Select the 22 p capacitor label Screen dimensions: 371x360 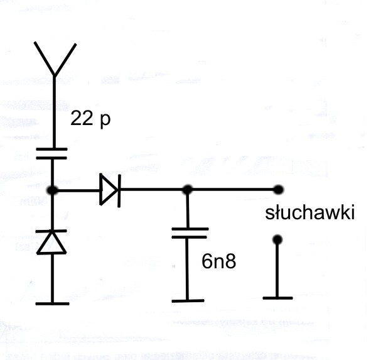90,119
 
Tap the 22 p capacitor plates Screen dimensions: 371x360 52,153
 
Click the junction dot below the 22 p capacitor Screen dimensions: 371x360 52,190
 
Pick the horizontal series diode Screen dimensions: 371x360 110,190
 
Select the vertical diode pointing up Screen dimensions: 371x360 51,242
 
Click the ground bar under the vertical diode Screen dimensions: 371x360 52,303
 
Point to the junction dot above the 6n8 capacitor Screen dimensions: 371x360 188,190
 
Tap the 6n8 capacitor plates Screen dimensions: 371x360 190,233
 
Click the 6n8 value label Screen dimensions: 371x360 219,261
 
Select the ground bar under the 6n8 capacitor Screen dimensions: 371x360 188,301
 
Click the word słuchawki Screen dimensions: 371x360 310,212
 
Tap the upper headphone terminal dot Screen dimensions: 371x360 278,190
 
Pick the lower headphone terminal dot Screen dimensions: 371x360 277,239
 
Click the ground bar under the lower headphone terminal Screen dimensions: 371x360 277,298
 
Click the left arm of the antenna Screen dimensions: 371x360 44,58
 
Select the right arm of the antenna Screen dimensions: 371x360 65,59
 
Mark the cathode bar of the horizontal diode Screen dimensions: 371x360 119,191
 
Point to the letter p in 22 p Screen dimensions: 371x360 105,121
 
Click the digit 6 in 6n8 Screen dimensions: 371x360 207,261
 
